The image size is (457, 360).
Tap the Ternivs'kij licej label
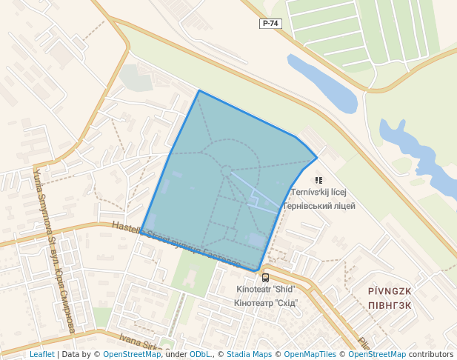319,193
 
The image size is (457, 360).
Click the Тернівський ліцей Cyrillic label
319,205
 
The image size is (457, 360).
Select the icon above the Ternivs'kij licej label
318,180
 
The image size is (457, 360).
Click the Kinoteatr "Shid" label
266,290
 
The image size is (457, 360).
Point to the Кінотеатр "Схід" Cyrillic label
266,302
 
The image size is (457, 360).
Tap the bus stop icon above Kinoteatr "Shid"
266,278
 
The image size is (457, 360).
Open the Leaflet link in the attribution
41,354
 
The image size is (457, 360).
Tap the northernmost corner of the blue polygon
199,91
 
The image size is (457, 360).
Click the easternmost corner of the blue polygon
317,157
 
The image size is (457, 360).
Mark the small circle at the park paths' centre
226,171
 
